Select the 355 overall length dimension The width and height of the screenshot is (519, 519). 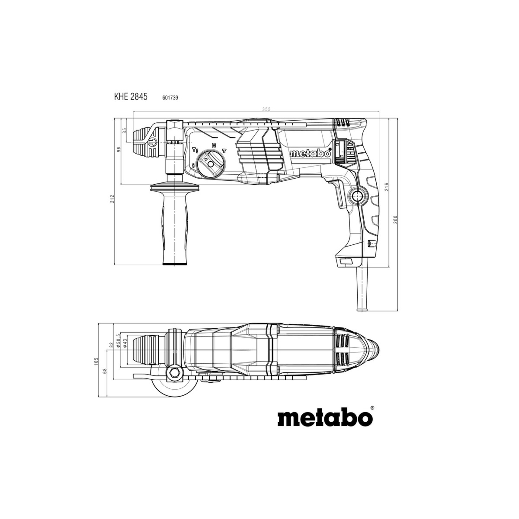258,109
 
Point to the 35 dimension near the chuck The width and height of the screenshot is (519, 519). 125,131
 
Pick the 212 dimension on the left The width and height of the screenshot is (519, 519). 113,199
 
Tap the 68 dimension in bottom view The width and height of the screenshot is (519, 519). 105,371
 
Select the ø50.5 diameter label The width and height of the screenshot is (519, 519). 118,342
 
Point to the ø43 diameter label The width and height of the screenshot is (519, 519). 125,343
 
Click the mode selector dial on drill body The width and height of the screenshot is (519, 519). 210,163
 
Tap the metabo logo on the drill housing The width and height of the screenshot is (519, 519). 310,153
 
